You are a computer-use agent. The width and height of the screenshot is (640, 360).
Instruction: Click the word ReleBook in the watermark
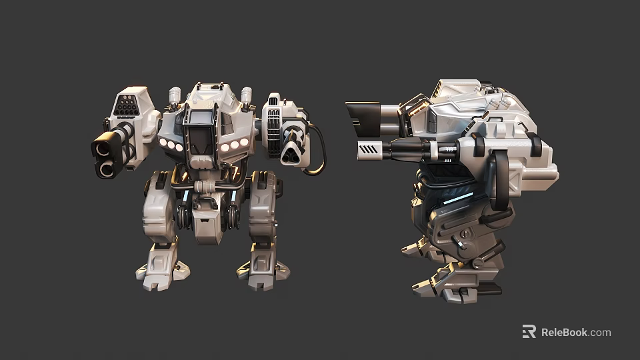[x=564, y=332]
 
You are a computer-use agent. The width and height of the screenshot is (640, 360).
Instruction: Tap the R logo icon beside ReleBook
[x=529, y=332]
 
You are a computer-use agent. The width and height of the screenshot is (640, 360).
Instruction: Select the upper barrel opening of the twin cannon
[x=105, y=145]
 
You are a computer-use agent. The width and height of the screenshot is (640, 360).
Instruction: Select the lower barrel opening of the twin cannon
[x=107, y=168]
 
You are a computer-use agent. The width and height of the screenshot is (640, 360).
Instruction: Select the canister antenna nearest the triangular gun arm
[x=246, y=96]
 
